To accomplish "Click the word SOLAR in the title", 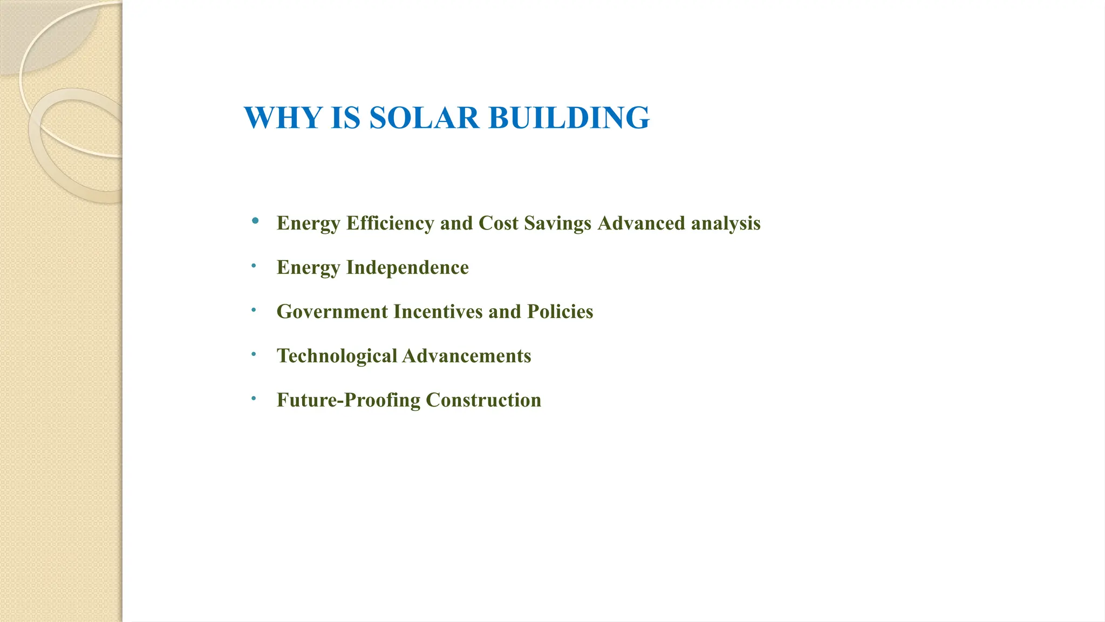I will pos(424,118).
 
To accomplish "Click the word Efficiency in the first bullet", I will pos(390,223).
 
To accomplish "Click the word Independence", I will pos(407,267).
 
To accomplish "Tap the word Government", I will pos(332,312).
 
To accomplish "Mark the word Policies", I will pos(560,312).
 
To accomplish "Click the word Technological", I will pos(337,356).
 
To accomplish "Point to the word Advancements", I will pos(467,356).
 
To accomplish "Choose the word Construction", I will pos(483,400).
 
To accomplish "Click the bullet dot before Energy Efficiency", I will pos(255,220).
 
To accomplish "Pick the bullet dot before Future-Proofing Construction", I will pos(254,398).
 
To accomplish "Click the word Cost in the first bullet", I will pos(499,223).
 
